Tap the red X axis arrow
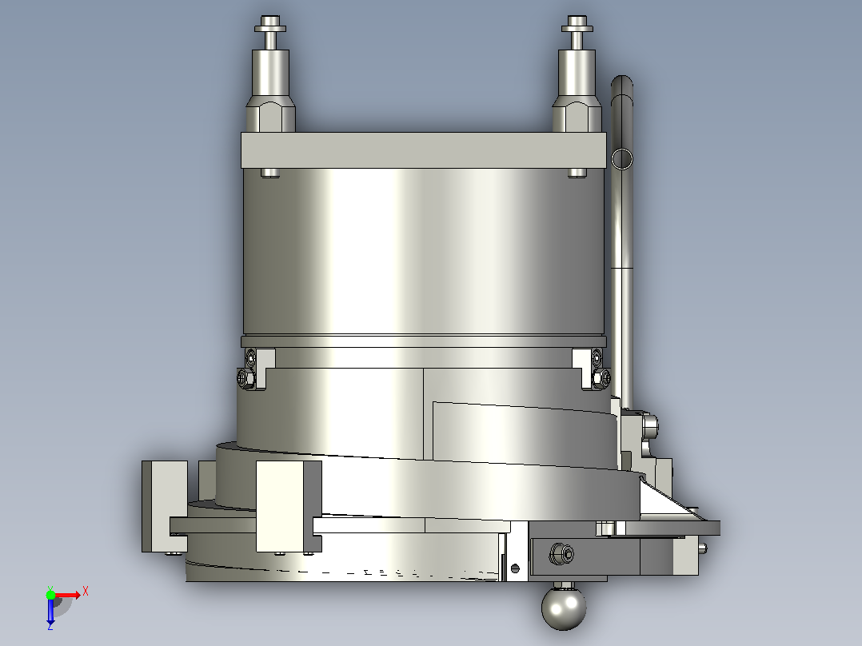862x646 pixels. [x=68, y=595]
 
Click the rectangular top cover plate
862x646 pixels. [x=423, y=150]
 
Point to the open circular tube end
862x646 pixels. [x=622, y=159]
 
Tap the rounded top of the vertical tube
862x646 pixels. [x=622, y=82]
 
